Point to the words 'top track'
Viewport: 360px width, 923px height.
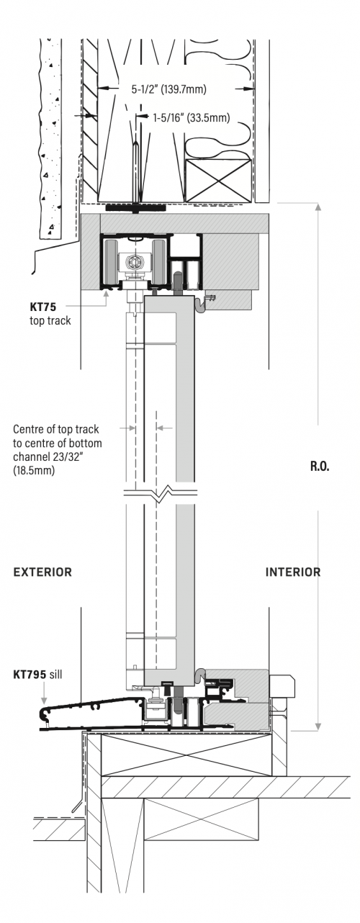click(x=51, y=320)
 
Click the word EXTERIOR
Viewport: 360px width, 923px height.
click(x=43, y=572)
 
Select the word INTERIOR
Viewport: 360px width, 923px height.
click(x=293, y=572)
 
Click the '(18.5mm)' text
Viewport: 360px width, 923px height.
click(x=35, y=469)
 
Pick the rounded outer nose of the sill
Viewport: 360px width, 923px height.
click(x=44, y=715)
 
